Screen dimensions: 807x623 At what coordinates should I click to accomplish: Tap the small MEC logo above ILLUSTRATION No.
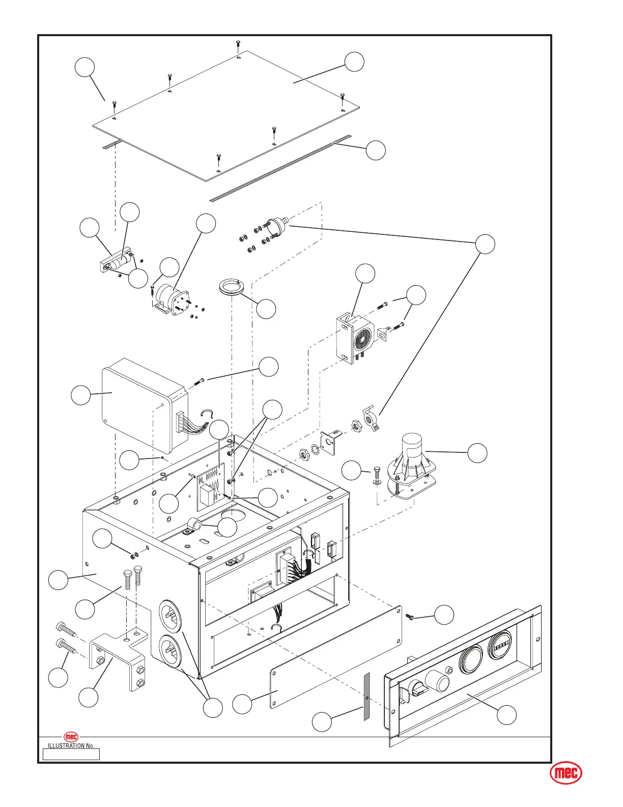pyautogui.click(x=71, y=737)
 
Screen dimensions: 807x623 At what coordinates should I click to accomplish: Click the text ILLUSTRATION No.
pyautogui.click(x=71, y=746)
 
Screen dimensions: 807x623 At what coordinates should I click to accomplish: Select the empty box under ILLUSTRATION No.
pyautogui.click(x=71, y=754)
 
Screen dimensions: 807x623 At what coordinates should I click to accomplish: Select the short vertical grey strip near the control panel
pyautogui.click(x=366, y=696)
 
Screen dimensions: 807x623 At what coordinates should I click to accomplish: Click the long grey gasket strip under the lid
pyautogui.click(x=280, y=168)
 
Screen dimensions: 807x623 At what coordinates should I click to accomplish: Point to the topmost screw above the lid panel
pyautogui.click(x=238, y=45)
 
